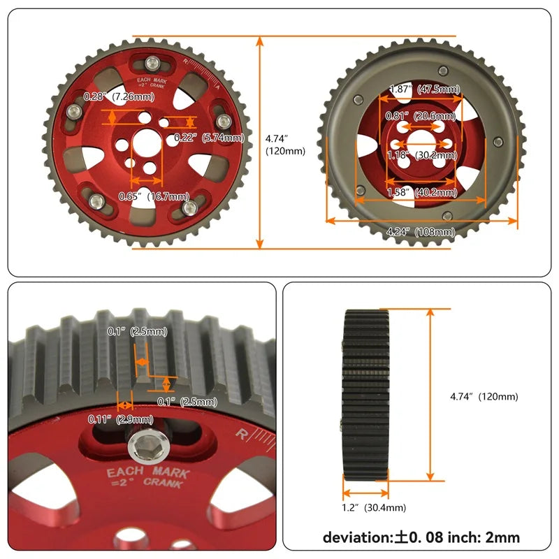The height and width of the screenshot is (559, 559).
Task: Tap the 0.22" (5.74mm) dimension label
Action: [x=209, y=138]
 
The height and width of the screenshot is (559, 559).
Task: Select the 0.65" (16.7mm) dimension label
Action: [x=154, y=196]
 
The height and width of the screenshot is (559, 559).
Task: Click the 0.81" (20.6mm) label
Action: [x=424, y=115]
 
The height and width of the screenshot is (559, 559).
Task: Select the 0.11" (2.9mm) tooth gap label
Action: [x=120, y=419]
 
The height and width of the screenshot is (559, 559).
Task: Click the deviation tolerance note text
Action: [x=421, y=537]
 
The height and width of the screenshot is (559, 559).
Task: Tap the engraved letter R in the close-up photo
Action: [x=242, y=434]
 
